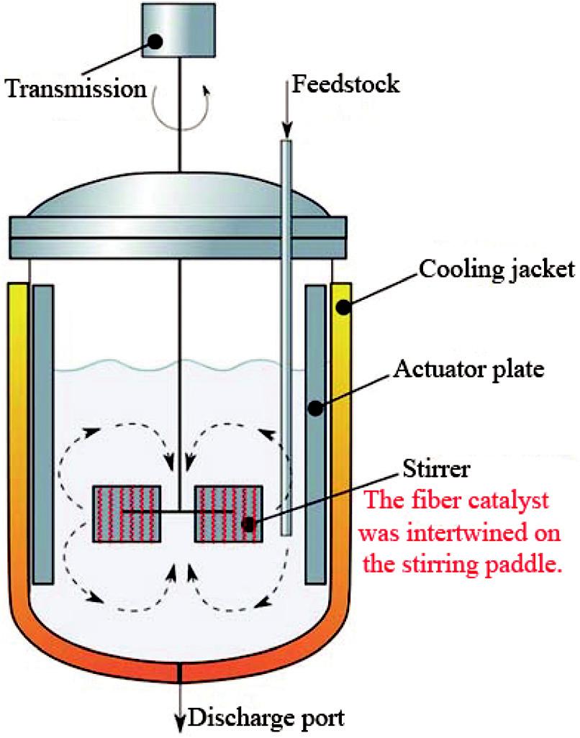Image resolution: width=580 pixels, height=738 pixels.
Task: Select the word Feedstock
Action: (x=345, y=84)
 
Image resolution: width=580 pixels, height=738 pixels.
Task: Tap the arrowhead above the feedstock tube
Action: (x=286, y=132)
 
